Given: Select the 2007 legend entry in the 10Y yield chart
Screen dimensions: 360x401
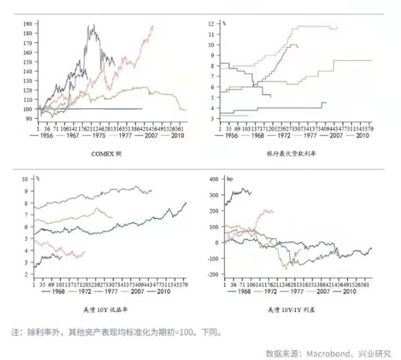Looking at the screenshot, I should click(136, 292).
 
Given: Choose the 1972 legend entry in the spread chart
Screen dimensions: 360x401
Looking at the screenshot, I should click(268, 292).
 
